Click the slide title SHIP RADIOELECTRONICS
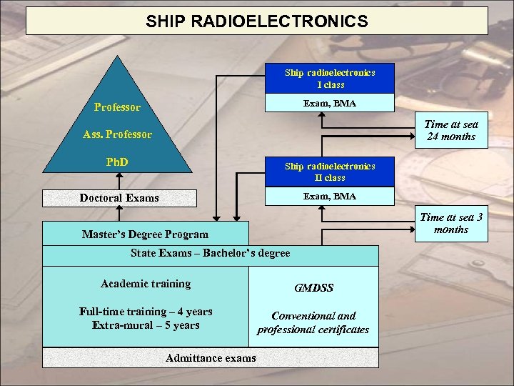click(257, 21)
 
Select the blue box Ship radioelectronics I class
click(329, 79)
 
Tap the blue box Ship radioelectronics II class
click(329, 172)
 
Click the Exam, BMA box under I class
click(329, 104)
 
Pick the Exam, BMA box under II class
click(329, 196)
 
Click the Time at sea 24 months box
click(451, 131)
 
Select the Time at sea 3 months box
click(451, 223)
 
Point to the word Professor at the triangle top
click(117, 108)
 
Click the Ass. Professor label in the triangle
click(117, 134)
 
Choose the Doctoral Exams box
click(119, 197)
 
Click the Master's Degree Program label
click(145, 234)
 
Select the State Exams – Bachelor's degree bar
click(210, 254)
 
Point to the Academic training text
click(146, 284)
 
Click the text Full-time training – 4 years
click(146, 312)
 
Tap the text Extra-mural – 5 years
click(146, 325)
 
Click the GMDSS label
click(313, 288)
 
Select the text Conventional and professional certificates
click(313, 322)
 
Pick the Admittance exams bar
click(210, 357)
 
